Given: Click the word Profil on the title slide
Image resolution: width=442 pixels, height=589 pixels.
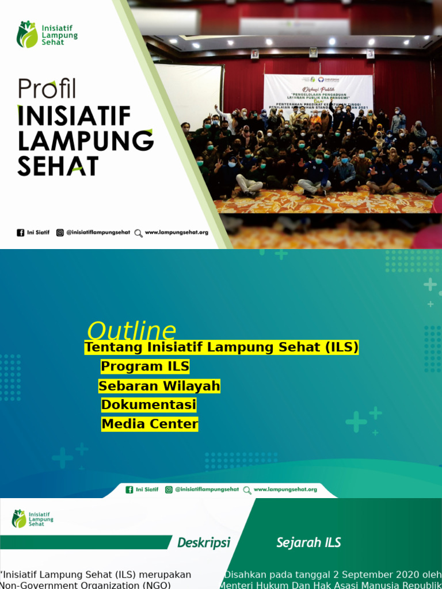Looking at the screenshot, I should pos(47,88).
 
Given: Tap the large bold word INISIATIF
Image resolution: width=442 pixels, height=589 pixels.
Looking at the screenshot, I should pos(74,116).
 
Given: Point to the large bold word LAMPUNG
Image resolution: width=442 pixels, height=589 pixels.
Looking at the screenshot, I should pos(86,140).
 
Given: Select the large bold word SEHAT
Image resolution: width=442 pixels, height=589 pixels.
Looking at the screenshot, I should pos(58,166).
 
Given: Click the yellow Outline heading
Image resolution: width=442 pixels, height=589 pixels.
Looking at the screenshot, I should pos(131,331).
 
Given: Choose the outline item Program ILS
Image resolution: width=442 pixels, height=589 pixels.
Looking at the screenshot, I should pos(145,366).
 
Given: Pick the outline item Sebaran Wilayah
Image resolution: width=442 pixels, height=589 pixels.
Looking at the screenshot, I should pos(159,386).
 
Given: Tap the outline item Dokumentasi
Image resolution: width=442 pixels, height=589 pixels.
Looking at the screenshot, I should pos(149,405).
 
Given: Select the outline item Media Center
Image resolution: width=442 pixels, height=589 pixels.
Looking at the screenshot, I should pos(150,424).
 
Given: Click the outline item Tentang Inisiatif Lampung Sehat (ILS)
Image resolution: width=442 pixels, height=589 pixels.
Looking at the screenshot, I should pos(222,347).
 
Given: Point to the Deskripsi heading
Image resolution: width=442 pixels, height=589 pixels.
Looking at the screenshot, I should pos(204,542).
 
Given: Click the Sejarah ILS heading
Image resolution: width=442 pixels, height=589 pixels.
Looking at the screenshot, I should pos(308,542).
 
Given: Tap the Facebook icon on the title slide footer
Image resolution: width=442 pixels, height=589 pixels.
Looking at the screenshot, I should pos(21,233).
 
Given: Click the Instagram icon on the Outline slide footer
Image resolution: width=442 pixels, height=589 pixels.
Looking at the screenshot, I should pos(169,489).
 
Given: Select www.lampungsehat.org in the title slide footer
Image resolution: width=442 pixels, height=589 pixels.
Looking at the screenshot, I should pos(177,233).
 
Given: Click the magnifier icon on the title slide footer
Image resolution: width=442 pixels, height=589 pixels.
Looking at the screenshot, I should pos(138,233).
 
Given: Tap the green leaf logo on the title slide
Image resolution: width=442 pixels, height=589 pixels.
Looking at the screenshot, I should pos(26,35).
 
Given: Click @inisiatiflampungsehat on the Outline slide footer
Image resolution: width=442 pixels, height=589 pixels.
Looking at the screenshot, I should pos(207,489).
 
